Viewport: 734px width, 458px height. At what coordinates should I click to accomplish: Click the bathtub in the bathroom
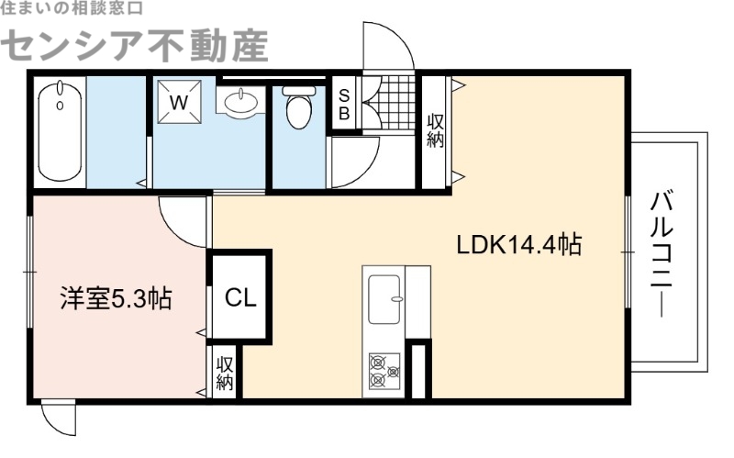click(61, 130)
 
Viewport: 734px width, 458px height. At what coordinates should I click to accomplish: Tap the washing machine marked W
click(179, 103)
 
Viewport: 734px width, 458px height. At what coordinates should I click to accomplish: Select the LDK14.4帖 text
click(519, 245)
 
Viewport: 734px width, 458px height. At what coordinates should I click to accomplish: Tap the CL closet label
click(241, 297)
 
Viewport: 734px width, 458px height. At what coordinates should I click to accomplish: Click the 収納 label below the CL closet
click(225, 373)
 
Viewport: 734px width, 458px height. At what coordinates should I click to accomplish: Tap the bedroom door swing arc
click(183, 223)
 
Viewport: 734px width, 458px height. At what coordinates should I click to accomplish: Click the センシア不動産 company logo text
click(138, 44)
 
